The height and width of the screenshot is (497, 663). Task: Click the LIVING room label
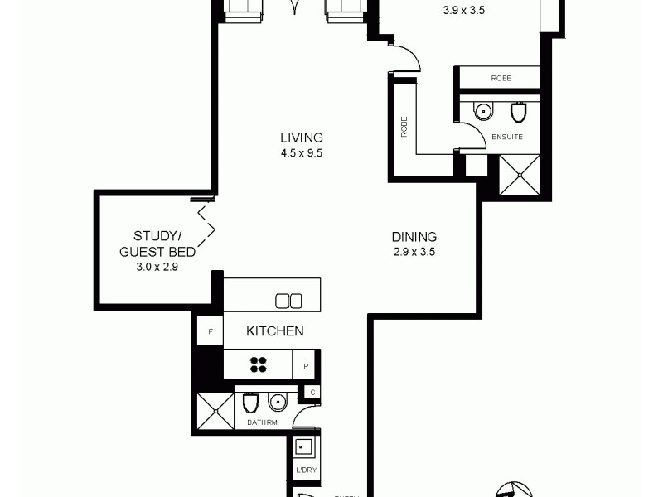[301, 138]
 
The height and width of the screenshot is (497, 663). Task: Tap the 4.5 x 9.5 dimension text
[301, 152]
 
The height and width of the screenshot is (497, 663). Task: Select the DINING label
[414, 237]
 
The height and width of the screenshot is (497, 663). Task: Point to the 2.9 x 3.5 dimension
[414, 252]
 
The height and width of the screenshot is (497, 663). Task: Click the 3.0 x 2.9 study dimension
[157, 267]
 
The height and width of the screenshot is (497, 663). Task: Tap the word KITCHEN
[275, 331]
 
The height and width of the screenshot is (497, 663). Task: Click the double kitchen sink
[288, 300]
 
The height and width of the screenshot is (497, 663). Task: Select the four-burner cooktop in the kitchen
[259, 364]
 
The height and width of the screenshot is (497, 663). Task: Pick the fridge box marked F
[211, 332]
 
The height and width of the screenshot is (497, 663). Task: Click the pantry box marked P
[306, 364]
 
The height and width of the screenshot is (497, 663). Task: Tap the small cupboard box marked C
[312, 392]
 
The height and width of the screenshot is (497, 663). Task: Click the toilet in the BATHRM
[250, 403]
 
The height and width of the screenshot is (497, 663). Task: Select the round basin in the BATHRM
[277, 403]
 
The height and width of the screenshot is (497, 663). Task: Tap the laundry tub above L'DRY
[304, 448]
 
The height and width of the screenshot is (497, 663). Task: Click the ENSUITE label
[506, 137]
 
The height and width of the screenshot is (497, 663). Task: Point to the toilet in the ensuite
[519, 111]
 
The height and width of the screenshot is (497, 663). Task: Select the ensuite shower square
[520, 175]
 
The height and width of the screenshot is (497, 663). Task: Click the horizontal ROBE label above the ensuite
[501, 78]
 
